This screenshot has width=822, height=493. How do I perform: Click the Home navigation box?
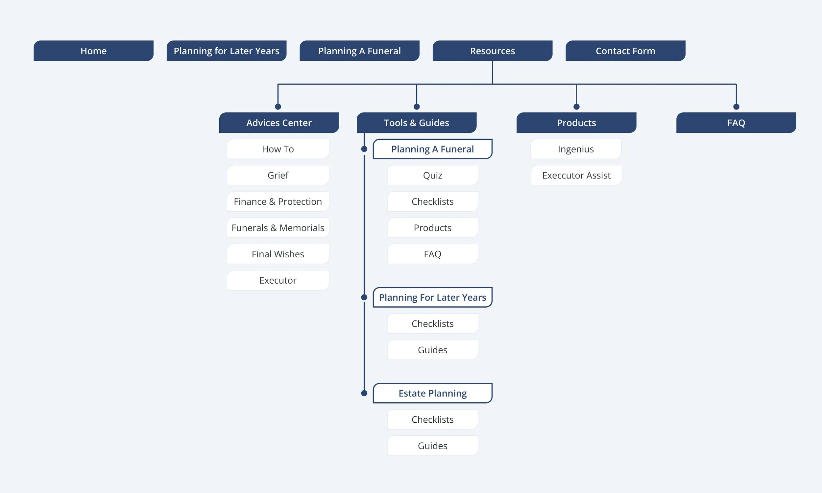click(93, 51)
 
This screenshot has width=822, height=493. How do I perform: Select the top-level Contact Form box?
click(625, 51)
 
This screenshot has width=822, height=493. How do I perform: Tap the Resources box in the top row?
click(492, 51)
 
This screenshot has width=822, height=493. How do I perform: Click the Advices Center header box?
click(279, 123)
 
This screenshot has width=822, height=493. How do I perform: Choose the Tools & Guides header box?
click(416, 123)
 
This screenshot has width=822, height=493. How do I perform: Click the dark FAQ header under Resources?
click(736, 123)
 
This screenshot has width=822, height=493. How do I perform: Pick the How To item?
click(278, 149)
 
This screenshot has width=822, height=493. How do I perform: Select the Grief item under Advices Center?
click(278, 175)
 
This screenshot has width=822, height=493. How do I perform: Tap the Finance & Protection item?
click(278, 201)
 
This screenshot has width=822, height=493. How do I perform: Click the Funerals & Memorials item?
click(278, 227)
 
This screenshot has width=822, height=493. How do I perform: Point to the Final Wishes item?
click(278, 254)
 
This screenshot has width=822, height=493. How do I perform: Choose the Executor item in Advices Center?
click(278, 280)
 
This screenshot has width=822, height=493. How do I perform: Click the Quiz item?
click(432, 175)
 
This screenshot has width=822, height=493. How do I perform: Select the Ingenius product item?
click(575, 149)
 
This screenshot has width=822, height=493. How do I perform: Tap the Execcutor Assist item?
click(576, 175)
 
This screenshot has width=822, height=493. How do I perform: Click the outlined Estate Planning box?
click(432, 393)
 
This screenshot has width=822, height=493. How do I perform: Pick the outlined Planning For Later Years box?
click(432, 297)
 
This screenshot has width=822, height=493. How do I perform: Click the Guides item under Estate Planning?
click(432, 445)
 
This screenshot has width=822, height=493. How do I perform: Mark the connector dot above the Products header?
click(576, 106)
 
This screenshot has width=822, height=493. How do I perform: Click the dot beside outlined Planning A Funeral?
click(364, 149)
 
